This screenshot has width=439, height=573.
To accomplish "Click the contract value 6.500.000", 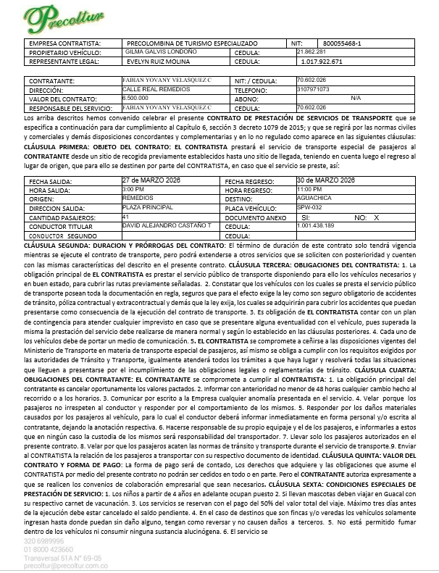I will click(x=135, y=98).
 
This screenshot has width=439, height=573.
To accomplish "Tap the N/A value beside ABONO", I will click(x=355, y=98).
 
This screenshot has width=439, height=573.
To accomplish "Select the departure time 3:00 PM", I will click(x=133, y=189).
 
